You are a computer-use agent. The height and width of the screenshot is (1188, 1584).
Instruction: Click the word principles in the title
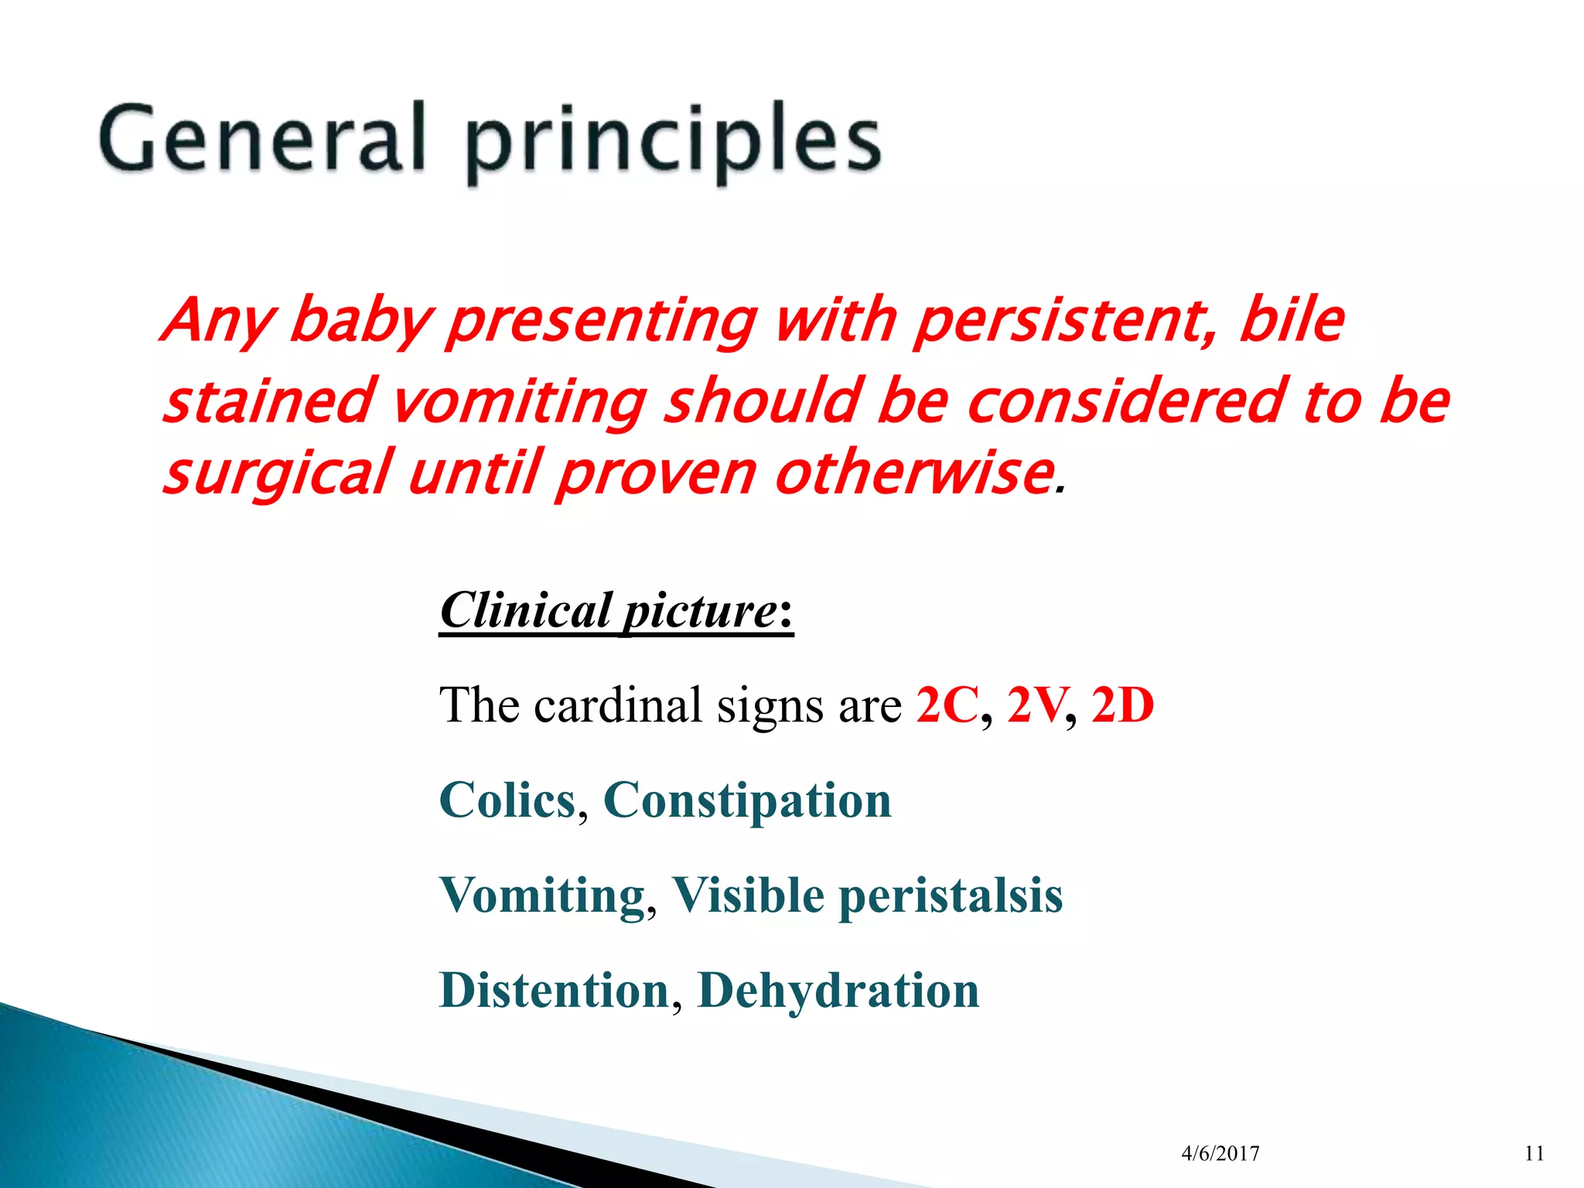[673, 143]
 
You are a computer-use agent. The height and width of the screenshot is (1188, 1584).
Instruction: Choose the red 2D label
[1122, 705]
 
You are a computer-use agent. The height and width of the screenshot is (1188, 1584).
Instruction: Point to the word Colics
[507, 800]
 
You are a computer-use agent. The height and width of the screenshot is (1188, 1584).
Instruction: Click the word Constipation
[747, 800]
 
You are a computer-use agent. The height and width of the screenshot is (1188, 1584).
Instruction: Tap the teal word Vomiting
[542, 896]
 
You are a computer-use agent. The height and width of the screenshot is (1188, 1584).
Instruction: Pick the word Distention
[554, 991]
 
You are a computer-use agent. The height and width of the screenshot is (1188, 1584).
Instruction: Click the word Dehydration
[838, 991]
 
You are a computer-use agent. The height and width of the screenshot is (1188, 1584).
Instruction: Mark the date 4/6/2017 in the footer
[1220, 1154]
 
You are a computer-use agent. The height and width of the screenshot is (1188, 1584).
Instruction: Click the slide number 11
[1534, 1154]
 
